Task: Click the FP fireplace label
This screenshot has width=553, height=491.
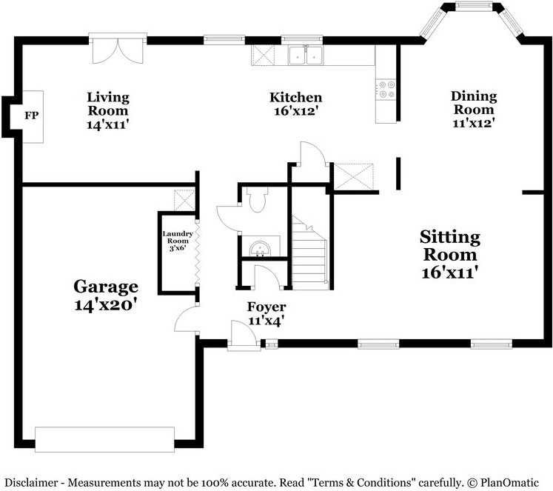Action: [x=31, y=116]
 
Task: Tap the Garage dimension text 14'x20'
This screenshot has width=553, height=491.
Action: [x=105, y=304]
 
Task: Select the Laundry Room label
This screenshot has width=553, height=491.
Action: [x=178, y=237]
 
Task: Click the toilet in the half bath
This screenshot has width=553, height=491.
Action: [x=257, y=199]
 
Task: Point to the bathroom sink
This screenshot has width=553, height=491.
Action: [x=261, y=249]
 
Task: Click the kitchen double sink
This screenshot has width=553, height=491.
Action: [x=306, y=56]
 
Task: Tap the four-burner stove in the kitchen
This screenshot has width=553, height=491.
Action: [x=387, y=90]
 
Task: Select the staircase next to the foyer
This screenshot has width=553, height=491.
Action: [x=309, y=253]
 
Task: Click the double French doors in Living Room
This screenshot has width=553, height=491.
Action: [x=118, y=49]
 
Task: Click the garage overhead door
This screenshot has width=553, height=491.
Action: [x=104, y=439]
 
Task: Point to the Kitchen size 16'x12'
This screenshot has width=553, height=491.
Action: [x=296, y=111]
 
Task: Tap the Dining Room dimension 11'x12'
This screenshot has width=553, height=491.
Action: [x=474, y=123]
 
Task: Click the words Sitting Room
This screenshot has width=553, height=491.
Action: [x=450, y=246]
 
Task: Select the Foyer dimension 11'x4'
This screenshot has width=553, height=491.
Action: [x=267, y=321]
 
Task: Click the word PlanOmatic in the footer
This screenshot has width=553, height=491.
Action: [x=509, y=482]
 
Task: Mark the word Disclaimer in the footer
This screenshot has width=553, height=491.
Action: [x=31, y=482]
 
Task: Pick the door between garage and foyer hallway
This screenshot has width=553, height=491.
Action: [x=187, y=318]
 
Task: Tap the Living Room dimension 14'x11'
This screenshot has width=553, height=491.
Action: [x=107, y=124]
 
